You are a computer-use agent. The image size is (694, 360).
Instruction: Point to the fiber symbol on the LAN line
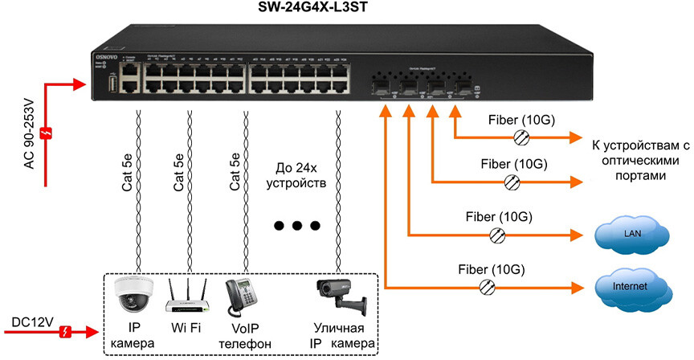point(498,235)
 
